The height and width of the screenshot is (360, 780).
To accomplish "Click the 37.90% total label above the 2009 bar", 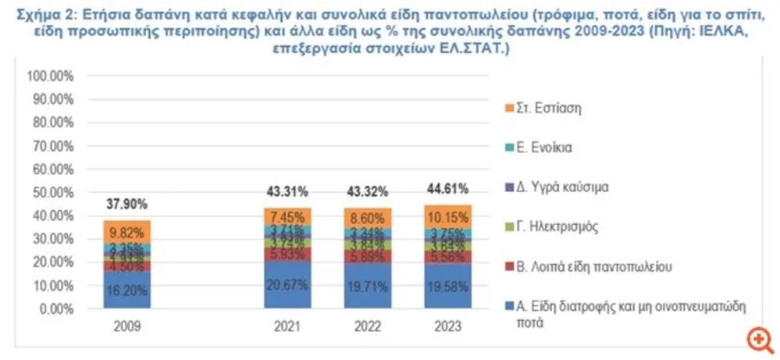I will (127, 205).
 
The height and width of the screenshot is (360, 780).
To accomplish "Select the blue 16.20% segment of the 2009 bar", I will (127, 290).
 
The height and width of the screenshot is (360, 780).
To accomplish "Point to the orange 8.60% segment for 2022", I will (366, 218).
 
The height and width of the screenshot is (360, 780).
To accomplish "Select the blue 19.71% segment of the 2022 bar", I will (366, 286).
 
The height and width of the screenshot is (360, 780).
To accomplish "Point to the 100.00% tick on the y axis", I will (50, 77).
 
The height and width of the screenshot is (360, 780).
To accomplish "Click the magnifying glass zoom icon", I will (758, 340).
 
